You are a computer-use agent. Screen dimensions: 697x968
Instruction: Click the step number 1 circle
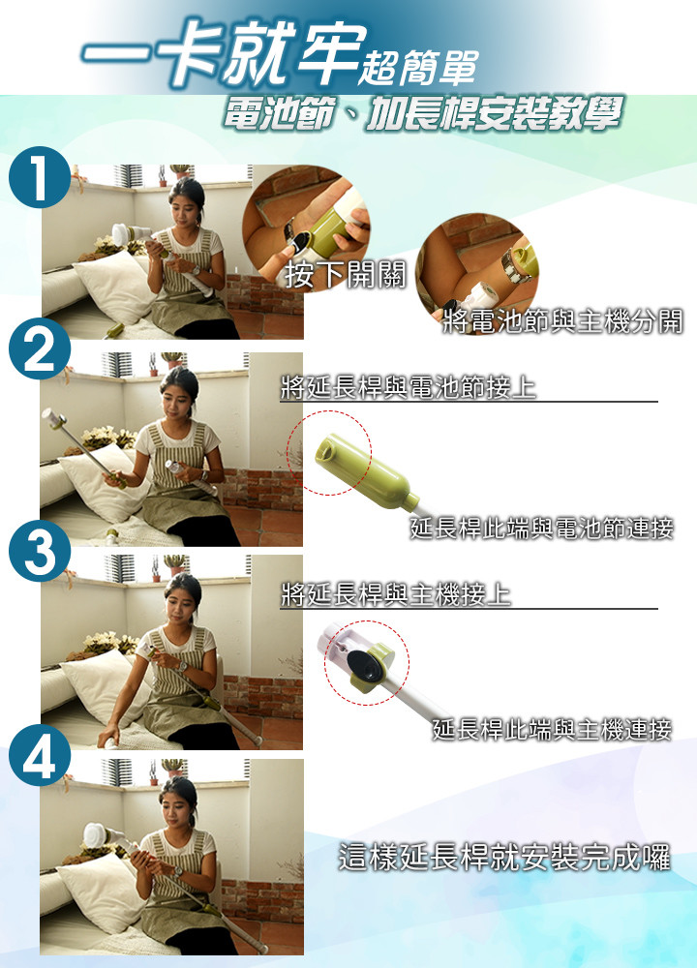(40, 177)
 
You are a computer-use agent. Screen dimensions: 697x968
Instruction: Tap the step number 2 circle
(40, 348)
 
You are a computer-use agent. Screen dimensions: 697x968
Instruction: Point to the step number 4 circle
(40, 754)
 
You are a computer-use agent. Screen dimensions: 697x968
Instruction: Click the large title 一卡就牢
(224, 53)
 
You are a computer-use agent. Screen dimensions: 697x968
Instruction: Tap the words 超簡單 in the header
(418, 67)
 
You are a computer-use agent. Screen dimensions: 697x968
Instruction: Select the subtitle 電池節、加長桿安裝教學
(422, 113)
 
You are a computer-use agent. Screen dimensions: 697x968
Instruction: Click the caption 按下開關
(345, 274)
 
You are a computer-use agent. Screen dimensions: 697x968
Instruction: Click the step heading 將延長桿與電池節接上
(409, 387)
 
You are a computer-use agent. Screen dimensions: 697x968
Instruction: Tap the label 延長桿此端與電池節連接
(541, 529)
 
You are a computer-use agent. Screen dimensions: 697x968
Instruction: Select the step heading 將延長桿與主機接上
(396, 594)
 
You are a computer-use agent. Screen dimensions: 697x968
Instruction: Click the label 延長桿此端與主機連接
(552, 729)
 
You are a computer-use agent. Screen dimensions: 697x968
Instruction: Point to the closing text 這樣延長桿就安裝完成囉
(504, 858)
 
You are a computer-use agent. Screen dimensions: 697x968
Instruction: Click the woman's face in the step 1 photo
(185, 208)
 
